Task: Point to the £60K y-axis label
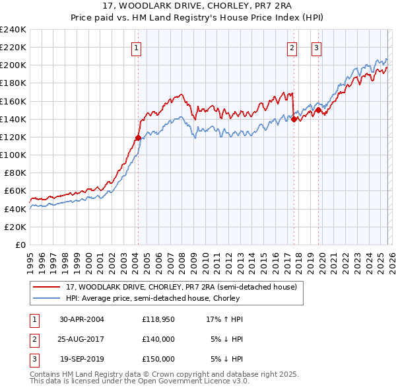15,191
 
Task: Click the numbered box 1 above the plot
136,47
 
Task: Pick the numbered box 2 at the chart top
291,47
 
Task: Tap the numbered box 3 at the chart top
316,47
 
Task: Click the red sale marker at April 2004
138,138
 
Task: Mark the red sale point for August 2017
294,119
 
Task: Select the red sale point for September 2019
318,110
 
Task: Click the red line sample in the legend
48,287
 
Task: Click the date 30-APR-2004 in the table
81,319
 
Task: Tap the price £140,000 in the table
158,339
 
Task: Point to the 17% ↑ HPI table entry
225,319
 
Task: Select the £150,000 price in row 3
158,359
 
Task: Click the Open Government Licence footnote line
140,381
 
